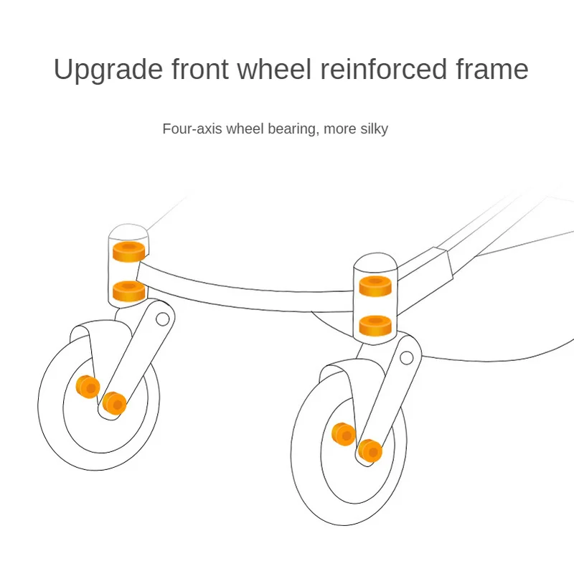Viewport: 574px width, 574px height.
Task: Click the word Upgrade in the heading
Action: click(105, 70)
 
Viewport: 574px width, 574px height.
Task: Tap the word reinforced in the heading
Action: click(373, 70)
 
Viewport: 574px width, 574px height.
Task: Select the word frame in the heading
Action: click(489, 70)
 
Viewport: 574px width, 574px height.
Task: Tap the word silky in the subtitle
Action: click(372, 129)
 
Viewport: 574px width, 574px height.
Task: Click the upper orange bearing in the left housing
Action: click(129, 251)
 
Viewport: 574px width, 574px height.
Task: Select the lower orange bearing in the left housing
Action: click(129, 291)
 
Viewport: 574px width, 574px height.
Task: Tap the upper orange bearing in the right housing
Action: click(375, 286)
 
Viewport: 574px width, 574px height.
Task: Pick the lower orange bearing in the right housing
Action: click(375, 325)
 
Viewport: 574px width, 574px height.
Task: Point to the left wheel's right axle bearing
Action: click(113, 403)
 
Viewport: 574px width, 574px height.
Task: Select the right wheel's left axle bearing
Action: click(344, 433)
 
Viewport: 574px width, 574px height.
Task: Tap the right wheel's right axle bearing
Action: click(370, 450)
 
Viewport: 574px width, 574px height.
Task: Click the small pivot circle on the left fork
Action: click(163, 318)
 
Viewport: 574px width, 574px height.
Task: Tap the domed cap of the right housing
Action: click(375, 264)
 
